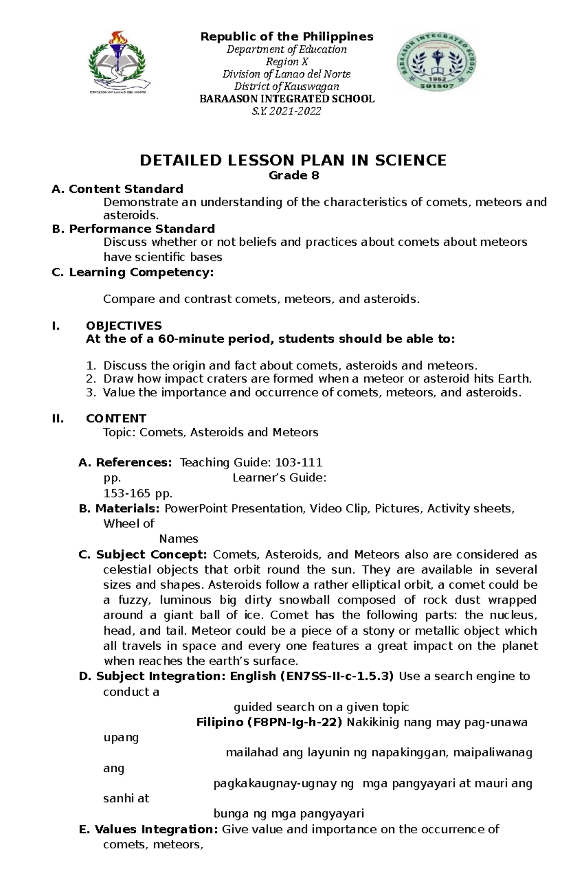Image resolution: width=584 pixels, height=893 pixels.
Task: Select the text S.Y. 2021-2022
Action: (287, 111)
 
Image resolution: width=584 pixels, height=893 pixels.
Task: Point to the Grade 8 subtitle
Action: (294, 176)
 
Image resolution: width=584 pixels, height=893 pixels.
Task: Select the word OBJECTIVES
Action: (124, 326)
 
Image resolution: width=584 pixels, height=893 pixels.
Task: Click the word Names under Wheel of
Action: (179, 539)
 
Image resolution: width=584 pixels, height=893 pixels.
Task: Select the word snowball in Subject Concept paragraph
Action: (305, 600)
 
